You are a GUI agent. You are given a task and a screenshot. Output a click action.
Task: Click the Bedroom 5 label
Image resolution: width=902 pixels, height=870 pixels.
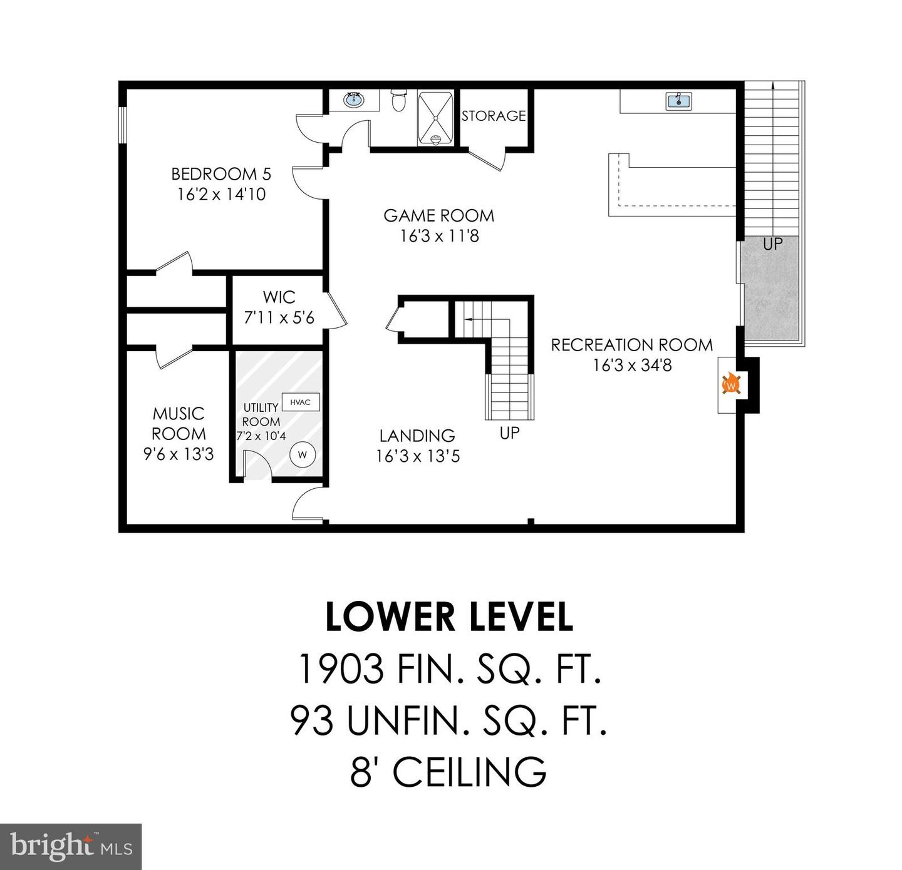221,173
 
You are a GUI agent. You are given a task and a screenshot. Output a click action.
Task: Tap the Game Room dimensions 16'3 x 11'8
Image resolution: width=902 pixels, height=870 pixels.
439,236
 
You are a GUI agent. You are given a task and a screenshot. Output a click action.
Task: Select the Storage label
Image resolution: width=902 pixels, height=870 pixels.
494,116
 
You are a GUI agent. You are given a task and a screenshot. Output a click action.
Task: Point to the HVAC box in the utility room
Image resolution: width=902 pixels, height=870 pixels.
301,402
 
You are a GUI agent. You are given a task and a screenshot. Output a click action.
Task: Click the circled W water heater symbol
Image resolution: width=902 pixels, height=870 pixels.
303,455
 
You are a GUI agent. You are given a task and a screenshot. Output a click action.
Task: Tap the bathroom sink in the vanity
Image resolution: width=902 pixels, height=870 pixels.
354,98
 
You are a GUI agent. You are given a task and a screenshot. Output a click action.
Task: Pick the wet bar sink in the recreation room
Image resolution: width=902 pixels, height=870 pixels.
678,101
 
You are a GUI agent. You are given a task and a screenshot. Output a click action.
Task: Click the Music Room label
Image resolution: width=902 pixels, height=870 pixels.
179,423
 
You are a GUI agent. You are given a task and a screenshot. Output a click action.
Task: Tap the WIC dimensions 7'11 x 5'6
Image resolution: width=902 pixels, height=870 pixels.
279,318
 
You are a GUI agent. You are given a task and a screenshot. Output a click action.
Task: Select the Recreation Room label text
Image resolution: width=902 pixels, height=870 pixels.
631,345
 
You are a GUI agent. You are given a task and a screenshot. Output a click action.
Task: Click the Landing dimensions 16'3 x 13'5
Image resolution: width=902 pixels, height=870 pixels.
418,456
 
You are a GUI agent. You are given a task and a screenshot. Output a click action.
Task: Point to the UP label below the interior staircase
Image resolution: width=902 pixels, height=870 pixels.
509,432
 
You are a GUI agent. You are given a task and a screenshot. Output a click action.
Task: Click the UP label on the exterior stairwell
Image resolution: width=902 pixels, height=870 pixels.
772,244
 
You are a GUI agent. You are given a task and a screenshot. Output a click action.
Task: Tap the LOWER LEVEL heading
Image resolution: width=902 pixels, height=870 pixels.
449,617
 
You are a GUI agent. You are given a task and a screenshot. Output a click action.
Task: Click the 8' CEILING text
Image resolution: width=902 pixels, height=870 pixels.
448,772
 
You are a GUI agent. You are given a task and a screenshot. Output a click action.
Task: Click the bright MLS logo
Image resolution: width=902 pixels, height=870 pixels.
71,846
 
